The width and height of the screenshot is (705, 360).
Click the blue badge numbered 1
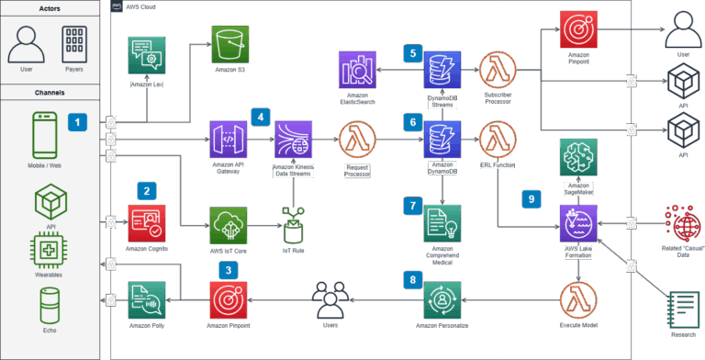tap(79, 121)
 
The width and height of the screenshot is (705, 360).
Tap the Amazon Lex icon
tap(147, 56)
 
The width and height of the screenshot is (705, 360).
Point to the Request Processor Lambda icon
tap(356, 141)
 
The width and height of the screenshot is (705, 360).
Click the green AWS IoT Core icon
tap(229, 224)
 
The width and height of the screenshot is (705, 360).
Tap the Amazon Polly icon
tap(147, 298)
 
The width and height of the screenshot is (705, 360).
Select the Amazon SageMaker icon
tap(578, 159)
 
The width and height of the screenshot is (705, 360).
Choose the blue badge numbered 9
tap(530, 197)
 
